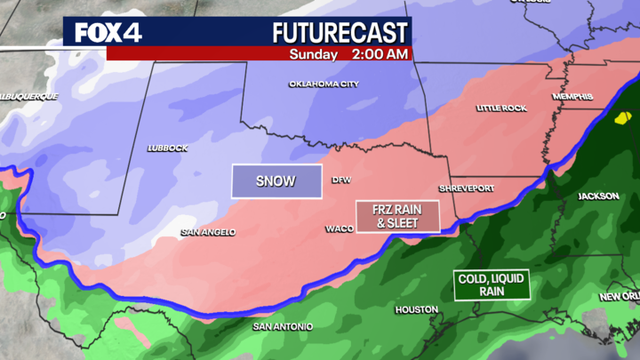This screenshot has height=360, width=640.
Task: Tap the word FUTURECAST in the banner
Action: tap(339, 32)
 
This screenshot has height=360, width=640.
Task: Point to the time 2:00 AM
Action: tap(379, 53)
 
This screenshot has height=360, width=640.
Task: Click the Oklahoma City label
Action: tap(323, 84)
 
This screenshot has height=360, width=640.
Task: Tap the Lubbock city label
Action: tap(167, 148)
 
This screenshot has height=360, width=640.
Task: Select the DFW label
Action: tap(341, 181)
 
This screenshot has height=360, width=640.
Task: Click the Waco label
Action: tap(335, 228)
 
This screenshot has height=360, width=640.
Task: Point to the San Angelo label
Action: tap(208, 232)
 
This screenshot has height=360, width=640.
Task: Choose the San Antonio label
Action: tap(282, 326)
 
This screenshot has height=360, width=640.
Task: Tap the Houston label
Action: tap(417, 310)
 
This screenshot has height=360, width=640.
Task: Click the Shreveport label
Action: tap(467, 189)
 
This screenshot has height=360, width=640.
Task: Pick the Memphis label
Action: tap(574, 96)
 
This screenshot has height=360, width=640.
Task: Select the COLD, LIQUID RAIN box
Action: tap(491, 284)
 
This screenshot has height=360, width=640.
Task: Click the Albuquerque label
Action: tap(29, 96)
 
